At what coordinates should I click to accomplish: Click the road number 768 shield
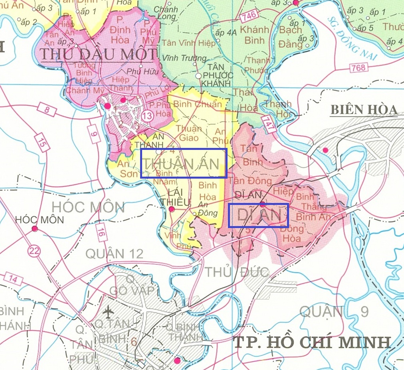(358, 68)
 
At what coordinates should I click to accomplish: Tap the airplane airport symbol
(107, 310)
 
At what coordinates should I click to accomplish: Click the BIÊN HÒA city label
(364, 110)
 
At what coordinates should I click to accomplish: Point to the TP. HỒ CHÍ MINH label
(311, 342)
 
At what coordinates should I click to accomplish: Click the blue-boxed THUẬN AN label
(184, 163)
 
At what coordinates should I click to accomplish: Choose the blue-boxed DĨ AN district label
(258, 215)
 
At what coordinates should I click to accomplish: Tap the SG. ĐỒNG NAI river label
(352, 38)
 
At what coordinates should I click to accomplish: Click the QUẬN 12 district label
(114, 254)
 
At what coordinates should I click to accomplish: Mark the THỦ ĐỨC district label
(236, 272)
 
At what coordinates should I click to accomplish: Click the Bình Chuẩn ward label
(198, 104)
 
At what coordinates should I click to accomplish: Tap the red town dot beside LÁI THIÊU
(172, 209)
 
